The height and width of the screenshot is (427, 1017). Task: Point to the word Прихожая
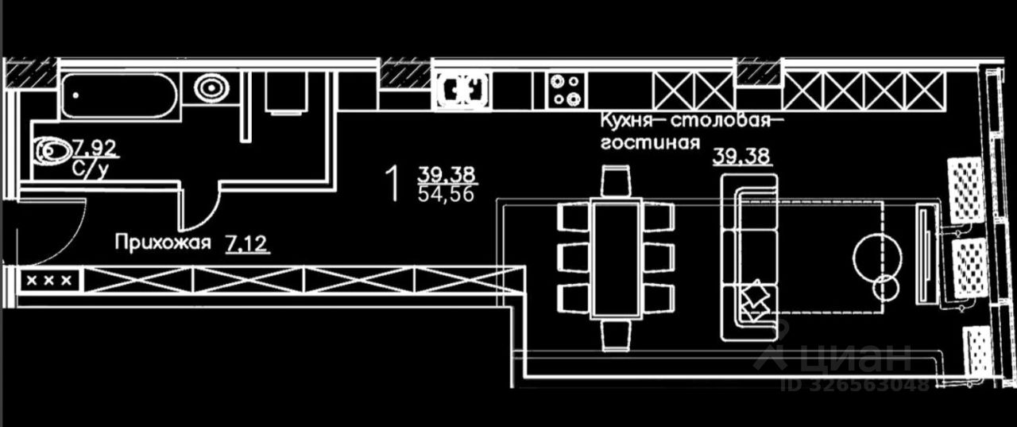163,242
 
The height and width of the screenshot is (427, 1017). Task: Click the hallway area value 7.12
247,242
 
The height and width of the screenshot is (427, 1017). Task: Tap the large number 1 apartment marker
390,184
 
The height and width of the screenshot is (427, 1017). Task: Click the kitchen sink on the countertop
462,89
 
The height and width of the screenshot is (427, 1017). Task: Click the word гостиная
650,143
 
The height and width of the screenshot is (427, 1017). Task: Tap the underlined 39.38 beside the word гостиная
741,156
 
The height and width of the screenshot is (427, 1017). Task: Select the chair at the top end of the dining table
615,182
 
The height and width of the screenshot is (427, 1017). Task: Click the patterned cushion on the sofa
755,301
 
